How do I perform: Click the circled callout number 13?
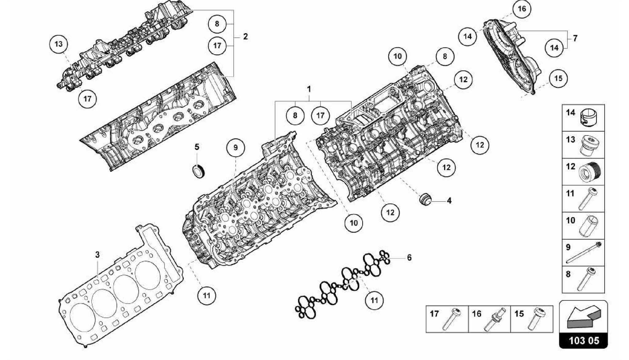[x=58, y=44]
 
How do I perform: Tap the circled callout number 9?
[x=236, y=147]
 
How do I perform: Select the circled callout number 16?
[x=522, y=9]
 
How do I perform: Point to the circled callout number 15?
[x=558, y=78]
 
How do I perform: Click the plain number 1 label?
[x=309, y=89]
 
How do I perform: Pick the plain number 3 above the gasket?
[x=97, y=255]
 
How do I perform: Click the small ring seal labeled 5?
[x=198, y=170]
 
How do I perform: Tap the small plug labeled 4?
[x=425, y=199]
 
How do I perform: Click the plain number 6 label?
[x=409, y=257]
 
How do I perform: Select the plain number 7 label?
[x=575, y=38]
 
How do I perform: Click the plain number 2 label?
[x=245, y=37]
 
